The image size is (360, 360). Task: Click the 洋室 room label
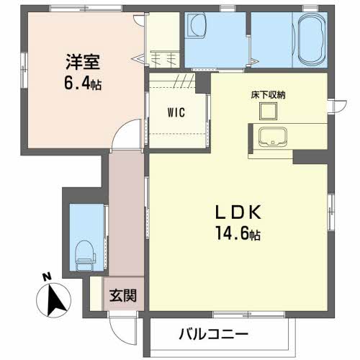pos(83,62)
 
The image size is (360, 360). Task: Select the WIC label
pos(176,112)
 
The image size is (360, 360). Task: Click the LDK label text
pos(238,212)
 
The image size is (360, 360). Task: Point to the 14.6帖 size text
pos(238,233)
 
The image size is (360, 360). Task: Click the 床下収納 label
pos(268,95)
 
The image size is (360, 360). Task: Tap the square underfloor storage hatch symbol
pos(268,111)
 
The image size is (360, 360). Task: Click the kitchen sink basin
pos(273,137)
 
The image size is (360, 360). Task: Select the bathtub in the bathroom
pos(312,40)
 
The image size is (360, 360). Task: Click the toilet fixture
pos(84,256)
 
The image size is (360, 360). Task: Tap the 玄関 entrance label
pos(123,295)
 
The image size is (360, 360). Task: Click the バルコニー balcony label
pos(213,334)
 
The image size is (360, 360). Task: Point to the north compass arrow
pos(55,300)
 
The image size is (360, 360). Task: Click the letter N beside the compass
pos(47,277)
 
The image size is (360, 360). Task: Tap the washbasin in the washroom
pos(197,26)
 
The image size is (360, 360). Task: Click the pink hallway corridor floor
pos(126,214)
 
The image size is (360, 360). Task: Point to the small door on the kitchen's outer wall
pos(338,106)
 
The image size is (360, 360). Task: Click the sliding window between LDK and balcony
pos(249,314)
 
